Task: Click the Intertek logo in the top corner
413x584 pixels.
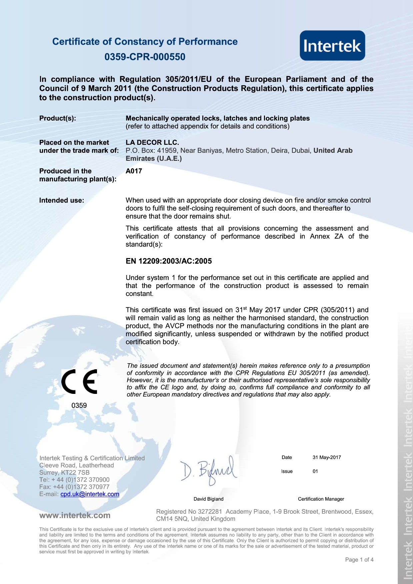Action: [x=332, y=46]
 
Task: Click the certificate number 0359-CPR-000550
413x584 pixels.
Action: [x=145, y=57]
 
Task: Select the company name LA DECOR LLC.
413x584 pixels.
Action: [x=152, y=143]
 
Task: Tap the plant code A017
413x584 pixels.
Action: [x=134, y=171]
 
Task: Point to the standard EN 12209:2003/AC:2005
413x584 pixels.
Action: [x=169, y=261]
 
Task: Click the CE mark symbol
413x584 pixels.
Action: [x=79, y=382]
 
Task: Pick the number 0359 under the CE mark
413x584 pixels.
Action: [x=79, y=406]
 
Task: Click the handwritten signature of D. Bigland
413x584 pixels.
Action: [x=209, y=470]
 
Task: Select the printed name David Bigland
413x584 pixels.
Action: [x=208, y=499]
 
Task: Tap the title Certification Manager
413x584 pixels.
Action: [x=321, y=499]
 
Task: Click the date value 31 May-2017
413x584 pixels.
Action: [x=327, y=457]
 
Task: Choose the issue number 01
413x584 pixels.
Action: [x=315, y=471]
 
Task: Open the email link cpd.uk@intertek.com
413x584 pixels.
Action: [x=90, y=494]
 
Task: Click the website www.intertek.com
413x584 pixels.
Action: [x=75, y=515]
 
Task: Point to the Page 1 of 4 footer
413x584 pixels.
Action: [x=359, y=560]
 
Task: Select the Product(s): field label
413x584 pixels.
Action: [x=58, y=119]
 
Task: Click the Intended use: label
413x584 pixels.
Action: [x=62, y=200]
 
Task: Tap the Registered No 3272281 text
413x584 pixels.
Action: [x=189, y=512]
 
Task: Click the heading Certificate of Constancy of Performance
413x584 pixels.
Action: [x=145, y=42]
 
